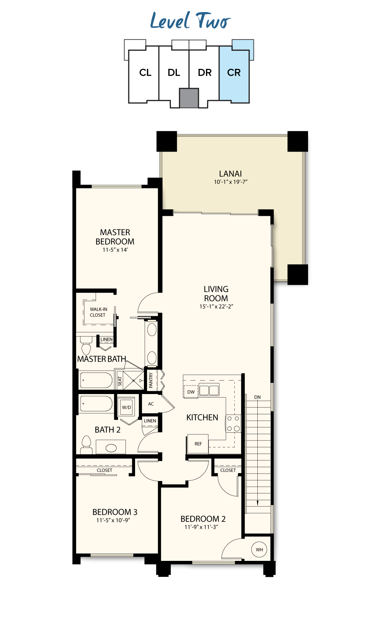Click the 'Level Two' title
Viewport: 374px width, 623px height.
coord(190,21)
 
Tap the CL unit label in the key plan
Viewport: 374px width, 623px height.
coord(145,73)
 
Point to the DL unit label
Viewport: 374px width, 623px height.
coord(174,73)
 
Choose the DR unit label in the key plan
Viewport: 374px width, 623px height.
coord(205,73)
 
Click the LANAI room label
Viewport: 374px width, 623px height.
coord(230,174)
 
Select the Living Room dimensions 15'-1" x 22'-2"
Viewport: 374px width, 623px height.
coord(216,306)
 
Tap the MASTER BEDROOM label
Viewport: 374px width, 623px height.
coord(115,237)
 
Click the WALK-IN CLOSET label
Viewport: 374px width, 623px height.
coord(98,312)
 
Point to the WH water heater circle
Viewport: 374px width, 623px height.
coord(259,550)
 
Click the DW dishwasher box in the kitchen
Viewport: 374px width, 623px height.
coord(191,392)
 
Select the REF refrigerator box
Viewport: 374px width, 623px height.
coord(198,444)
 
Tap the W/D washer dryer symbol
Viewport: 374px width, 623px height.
coord(127,407)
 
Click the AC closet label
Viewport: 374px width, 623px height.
coord(151,404)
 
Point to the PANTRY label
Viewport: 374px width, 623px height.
coord(151,380)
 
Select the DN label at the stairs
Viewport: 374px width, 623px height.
coord(257,397)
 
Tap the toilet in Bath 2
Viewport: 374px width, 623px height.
coord(86,445)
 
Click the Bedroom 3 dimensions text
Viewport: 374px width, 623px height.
coord(113,520)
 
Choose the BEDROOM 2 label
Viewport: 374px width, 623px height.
coord(203,519)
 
